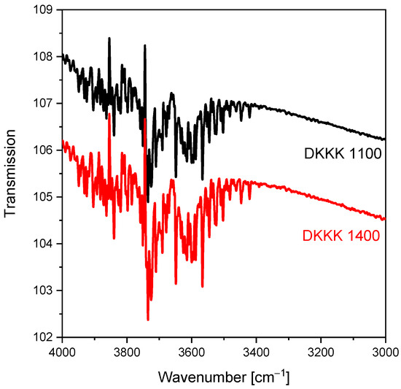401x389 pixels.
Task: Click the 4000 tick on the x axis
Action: point(63,351)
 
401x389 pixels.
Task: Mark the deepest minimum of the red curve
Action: point(148,320)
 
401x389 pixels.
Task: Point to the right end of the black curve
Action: point(385,139)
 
